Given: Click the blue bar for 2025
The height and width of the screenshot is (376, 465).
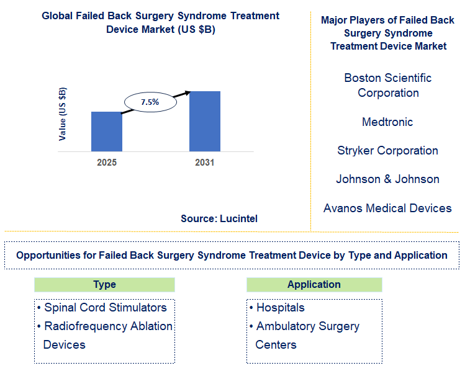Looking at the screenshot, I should (107, 132).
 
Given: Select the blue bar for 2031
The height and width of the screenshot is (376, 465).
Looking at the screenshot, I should (205, 121).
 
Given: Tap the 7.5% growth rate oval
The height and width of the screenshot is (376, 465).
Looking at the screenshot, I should (150, 102).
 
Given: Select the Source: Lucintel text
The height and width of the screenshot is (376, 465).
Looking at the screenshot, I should (219, 218).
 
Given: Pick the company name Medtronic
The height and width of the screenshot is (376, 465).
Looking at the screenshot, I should (387, 122).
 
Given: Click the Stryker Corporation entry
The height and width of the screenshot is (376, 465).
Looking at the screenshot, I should (387, 151).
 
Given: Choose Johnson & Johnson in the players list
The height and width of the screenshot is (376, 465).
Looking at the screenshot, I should (387, 179).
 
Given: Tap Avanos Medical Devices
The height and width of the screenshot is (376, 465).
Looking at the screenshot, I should (387, 208).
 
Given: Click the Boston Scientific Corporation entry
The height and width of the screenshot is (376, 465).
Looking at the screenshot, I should (387, 86).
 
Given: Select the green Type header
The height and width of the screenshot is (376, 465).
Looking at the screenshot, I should (104, 285).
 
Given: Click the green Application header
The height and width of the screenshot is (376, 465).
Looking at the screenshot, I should (314, 285).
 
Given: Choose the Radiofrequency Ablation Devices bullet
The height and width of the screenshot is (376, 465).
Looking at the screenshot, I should (104, 335).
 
